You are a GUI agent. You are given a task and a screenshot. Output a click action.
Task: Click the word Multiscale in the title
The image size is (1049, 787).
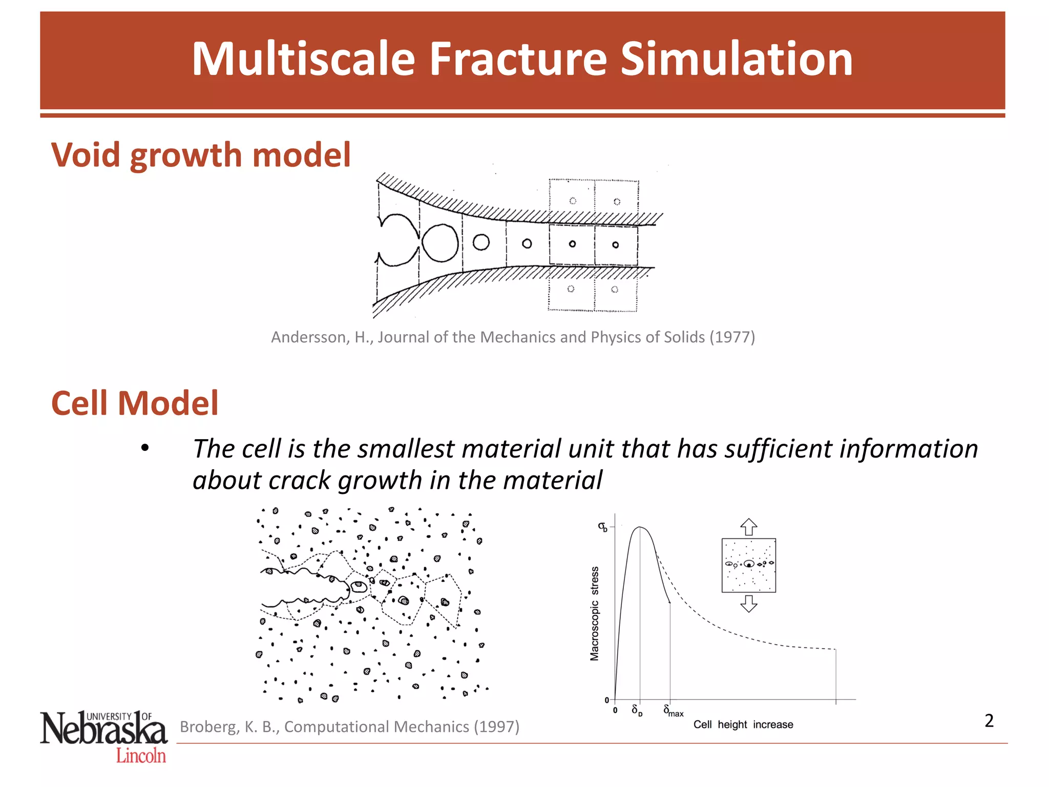pos(303,59)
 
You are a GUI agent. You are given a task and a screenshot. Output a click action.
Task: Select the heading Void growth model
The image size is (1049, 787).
pos(201,155)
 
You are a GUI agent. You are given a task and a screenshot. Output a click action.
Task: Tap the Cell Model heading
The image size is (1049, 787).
pos(135,403)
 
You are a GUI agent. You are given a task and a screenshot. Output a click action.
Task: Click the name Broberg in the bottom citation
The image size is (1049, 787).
pos(209,727)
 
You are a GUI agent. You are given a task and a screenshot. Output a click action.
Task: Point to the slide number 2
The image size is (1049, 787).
pos(989,721)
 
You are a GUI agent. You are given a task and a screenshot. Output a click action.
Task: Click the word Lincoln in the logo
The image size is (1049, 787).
pos(141,756)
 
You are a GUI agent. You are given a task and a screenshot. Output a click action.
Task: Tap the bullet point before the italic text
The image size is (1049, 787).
pos(145,448)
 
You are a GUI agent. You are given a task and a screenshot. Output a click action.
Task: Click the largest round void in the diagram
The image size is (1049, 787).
pos(440,243)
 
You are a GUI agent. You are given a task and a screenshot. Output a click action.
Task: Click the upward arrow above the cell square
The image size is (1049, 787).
pos(749,527)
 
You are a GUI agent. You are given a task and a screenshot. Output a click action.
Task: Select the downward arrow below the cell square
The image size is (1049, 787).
pos(749,604)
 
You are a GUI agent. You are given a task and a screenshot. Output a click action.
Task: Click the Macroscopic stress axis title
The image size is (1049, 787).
pos(594,613)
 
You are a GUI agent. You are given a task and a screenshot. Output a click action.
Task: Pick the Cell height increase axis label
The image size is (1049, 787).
pos(743,724)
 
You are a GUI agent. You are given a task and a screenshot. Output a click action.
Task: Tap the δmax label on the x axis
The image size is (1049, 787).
pos(673,711)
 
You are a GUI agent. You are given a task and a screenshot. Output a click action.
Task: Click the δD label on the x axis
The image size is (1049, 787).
pos(637,710)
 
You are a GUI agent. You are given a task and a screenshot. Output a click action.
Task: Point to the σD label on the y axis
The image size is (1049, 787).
pos(603,527)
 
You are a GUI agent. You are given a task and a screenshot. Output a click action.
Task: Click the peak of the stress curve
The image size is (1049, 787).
pos(639,527)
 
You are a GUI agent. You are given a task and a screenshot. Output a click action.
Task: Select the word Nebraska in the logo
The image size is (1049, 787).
pos(104,730)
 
